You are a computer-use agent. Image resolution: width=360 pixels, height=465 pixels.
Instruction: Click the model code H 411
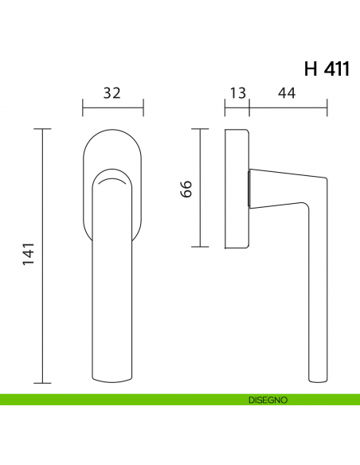327,68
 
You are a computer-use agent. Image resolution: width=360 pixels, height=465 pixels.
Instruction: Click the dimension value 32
112,93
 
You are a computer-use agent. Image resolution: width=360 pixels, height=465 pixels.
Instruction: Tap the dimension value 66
187,188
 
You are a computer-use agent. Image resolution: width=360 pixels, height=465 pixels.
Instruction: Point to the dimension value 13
237,93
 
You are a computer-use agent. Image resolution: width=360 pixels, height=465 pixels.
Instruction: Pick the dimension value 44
288,93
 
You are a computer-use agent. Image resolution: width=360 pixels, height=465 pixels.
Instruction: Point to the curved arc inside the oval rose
112,182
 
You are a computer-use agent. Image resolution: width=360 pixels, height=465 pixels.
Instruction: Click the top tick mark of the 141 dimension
43,128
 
